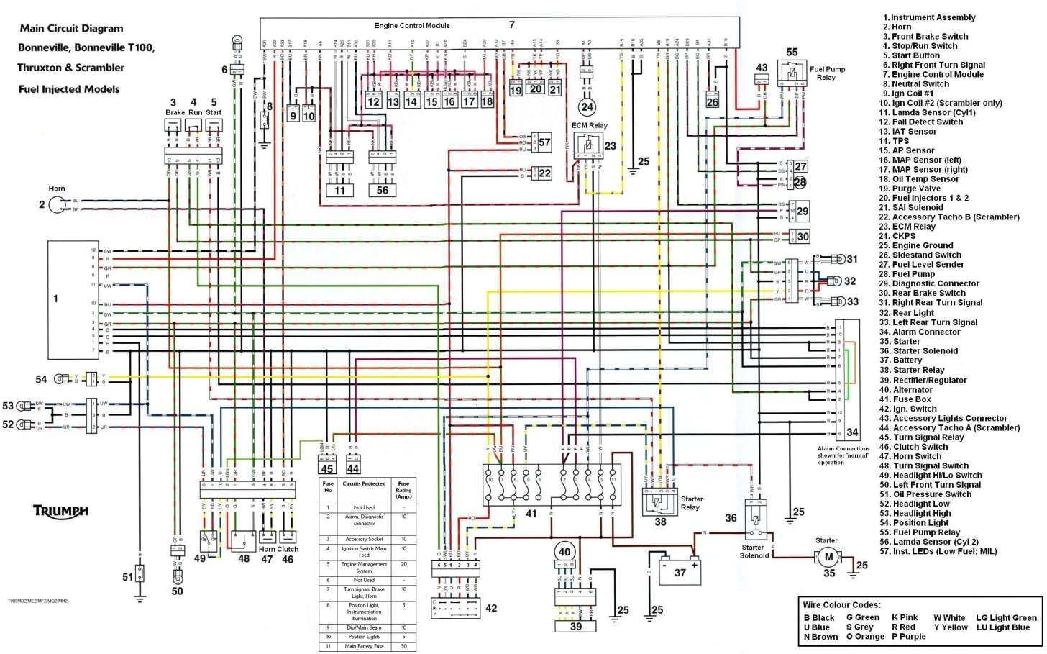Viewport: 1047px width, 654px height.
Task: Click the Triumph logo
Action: click(60, 511)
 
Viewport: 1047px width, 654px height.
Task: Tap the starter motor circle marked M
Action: click(828, 556)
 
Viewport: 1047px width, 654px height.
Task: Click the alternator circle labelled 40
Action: click(564, 552)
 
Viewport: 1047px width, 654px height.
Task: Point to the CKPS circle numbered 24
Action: click(587, 107)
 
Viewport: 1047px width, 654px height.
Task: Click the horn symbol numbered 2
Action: click(59, 204)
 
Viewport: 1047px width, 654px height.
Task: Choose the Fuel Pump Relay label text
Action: click(827, 73)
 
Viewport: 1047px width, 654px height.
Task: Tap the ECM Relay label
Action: click(589, 125)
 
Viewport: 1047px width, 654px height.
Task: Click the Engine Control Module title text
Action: click(412, 26)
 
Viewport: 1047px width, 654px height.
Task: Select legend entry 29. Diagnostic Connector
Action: click(928, 283)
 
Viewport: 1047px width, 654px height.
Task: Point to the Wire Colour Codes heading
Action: click(841, 605)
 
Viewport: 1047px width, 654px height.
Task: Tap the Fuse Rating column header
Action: click(403, 490)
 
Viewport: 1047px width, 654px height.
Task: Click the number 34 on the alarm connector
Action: click(852, 432)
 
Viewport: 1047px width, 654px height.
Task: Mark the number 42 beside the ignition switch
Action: click(490, 608)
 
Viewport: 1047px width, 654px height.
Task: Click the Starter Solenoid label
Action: click(754, 551)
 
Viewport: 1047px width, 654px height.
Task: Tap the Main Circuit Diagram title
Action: click(71, 29)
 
